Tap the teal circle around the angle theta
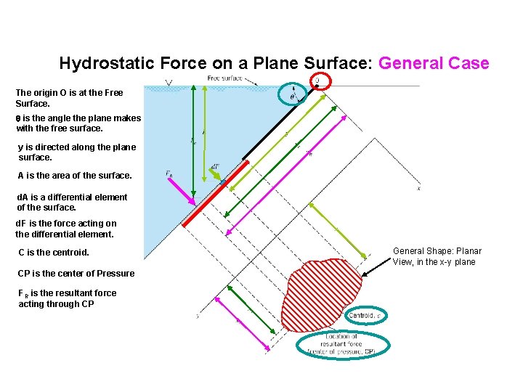point(293,94)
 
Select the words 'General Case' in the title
point(434,63)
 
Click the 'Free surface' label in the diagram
point(225,78)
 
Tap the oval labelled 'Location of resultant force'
point(343,344)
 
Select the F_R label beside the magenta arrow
point(169,173)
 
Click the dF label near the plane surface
point(215,167)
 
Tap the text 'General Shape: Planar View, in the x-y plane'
point(437,256)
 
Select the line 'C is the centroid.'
point(54,253)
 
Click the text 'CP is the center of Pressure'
point(76,273)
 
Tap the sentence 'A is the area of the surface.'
point(74,175)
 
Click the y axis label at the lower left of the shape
point(198,316)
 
